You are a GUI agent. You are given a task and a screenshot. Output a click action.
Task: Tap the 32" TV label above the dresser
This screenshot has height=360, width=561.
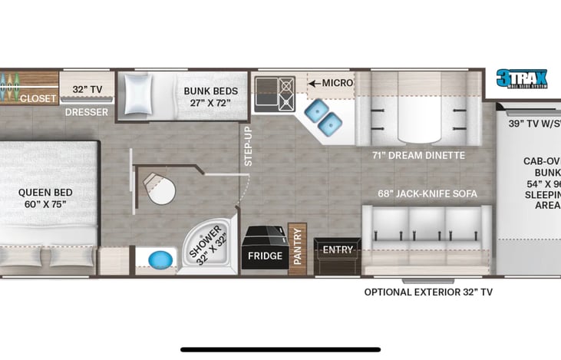87,89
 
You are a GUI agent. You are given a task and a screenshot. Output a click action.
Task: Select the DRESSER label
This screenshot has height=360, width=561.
86,112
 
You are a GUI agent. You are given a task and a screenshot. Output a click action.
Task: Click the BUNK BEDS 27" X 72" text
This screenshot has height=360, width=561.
210,97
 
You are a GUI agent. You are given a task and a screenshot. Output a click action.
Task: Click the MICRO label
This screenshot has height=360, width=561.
337,83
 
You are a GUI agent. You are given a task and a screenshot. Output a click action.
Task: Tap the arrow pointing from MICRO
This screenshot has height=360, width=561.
314,83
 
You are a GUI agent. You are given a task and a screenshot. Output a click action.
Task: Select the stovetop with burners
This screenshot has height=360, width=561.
275,95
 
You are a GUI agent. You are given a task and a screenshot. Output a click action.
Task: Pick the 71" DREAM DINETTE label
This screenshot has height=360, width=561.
418,155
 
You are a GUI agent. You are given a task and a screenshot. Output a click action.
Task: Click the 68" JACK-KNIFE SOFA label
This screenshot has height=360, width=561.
427,193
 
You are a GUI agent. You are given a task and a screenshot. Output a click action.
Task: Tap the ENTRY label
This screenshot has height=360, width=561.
338,249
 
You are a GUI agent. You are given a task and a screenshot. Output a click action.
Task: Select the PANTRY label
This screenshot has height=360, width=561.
298,246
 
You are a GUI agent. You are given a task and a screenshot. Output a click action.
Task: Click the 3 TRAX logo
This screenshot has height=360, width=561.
521,80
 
